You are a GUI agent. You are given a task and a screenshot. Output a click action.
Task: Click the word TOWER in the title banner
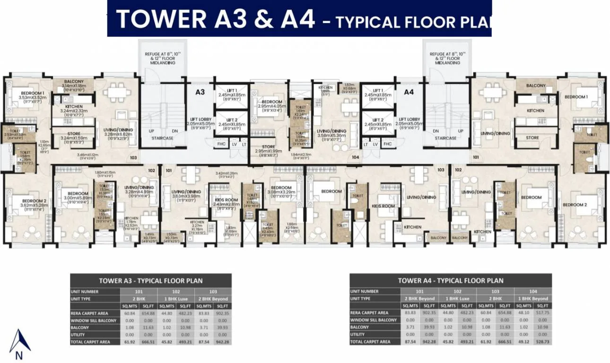[161, 19]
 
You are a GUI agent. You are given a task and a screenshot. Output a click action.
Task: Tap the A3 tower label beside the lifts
[200, 92]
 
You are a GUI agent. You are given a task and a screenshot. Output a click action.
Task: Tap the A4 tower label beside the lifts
[409, 92]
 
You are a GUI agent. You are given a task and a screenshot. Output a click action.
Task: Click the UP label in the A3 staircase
[151, 131]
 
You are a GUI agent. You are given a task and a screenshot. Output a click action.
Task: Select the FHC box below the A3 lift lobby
[221, 144]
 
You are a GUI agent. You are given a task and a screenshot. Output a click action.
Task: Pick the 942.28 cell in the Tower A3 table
[222, 341]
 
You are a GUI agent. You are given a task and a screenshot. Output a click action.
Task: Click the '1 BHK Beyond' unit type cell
[533, 299]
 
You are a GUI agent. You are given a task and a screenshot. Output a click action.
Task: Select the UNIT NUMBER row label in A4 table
[365, 292]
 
